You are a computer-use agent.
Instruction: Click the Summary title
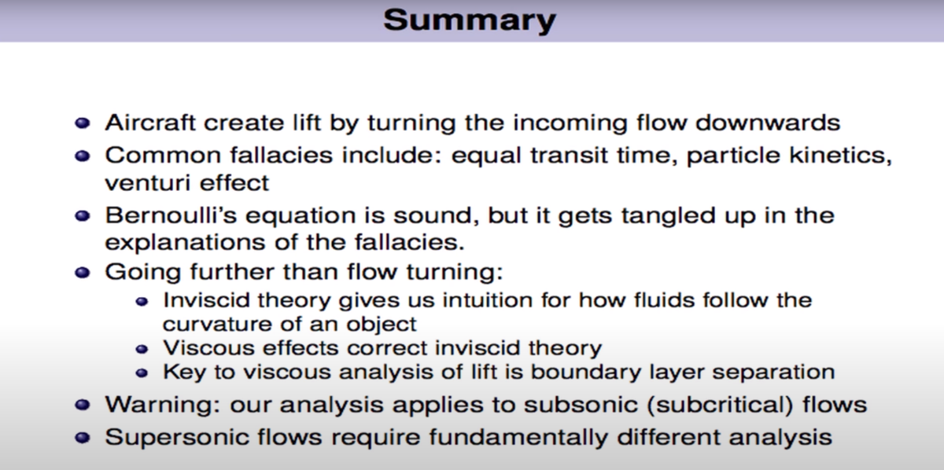click(x=470, y=20)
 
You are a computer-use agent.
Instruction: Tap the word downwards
click(x=768, y=123)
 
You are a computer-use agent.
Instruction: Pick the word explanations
click(x=185, y=243)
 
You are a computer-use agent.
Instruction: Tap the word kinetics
click(x=840, y=156)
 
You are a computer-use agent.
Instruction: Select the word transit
click(x=569, y=155)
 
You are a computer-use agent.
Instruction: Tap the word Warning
click(x=163, y=406)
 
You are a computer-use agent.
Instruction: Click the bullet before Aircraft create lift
click(x=83, y=123)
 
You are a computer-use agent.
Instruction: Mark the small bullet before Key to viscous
click(x=142, y=373)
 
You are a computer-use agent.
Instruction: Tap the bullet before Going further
click(x=83, y=273)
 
